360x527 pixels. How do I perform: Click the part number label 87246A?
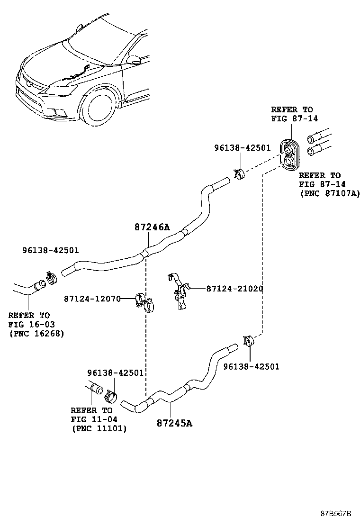152,227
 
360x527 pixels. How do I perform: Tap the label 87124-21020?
234,289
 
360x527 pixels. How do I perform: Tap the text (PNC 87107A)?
329,193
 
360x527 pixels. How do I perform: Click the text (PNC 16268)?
36,333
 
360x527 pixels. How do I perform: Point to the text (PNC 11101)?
99,428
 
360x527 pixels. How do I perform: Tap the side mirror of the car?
135,59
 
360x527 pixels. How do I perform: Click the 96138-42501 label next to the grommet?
242,147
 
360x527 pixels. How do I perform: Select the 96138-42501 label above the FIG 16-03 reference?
51,251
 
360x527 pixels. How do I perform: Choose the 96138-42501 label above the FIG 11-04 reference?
115,373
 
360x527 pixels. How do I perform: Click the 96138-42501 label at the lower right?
251,366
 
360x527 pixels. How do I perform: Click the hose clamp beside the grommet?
239,173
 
